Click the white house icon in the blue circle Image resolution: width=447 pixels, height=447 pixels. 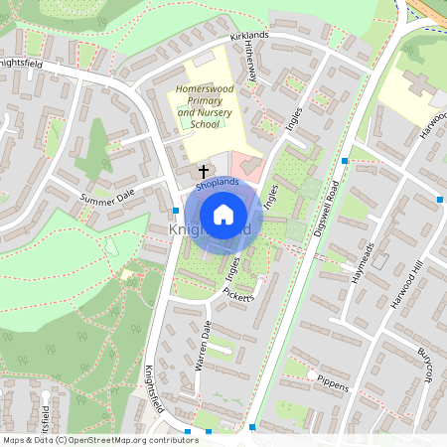click(x=223, y=214)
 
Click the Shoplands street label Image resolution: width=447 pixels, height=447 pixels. click(x=218, y=184)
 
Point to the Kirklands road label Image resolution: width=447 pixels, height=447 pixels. click(x=248, y=37)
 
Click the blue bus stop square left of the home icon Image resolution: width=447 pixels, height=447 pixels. click(x=175, y=210)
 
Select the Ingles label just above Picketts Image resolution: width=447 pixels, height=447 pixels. click(x=233, y=268)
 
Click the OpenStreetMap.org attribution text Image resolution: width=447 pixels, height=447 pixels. click(x=131, y=439)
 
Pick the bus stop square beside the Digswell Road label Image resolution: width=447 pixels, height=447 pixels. click(x=345, y=160)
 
